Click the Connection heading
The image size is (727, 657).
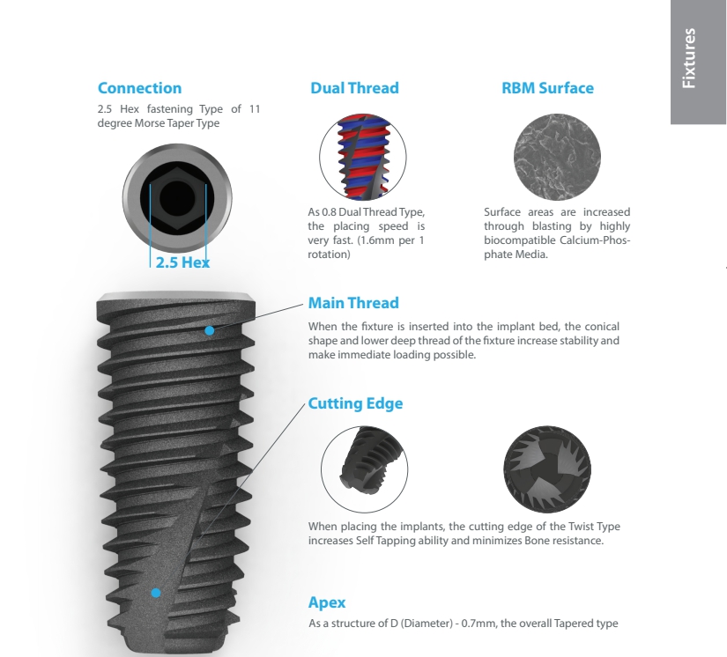click(x=139, y=88)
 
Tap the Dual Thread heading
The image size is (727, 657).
click(x=355, y=88)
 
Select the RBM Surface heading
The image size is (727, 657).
click(x=547, y=88)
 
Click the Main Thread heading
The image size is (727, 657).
click(x=353, y=303)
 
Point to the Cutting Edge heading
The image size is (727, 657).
click(x=356, y=403)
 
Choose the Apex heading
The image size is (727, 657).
click(x=327, y=602)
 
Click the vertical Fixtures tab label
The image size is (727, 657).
click(x=689, y=58)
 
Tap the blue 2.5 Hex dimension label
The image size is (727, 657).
click(x=182, y=262)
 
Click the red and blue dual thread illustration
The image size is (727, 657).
click(x=362, y=157)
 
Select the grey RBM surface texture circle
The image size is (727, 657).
click(x=557, y=157)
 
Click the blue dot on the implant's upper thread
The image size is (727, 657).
click(x=210, y=331)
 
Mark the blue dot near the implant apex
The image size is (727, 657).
click(x=156, y=593)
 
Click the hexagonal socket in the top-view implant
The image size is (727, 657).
click(x=178, y=198)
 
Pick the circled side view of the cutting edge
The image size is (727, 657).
click(x=365, y=469)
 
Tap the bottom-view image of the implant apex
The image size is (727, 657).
click(x=547, y=469)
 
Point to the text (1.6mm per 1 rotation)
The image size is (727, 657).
click(x=366, y=247)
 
